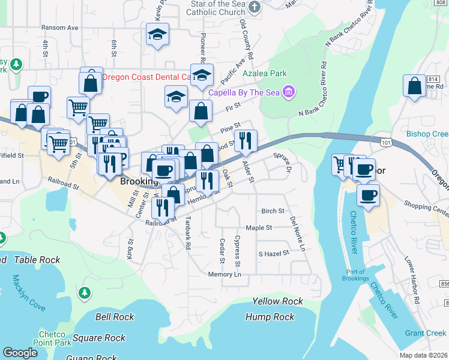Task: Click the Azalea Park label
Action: (264, 73)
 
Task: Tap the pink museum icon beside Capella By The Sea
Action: (288, 92)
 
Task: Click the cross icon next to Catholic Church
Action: (255, 8)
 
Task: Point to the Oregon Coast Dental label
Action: (147, 77)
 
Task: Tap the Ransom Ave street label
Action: (60, 28)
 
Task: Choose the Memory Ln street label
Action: (224, 274)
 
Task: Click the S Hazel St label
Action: (274, 253)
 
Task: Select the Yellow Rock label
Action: (277, 301)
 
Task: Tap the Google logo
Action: (20, 353)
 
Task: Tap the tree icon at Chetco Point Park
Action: (85, 292)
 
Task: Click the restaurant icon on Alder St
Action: (246, 141)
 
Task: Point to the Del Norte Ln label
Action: (297, 234)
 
